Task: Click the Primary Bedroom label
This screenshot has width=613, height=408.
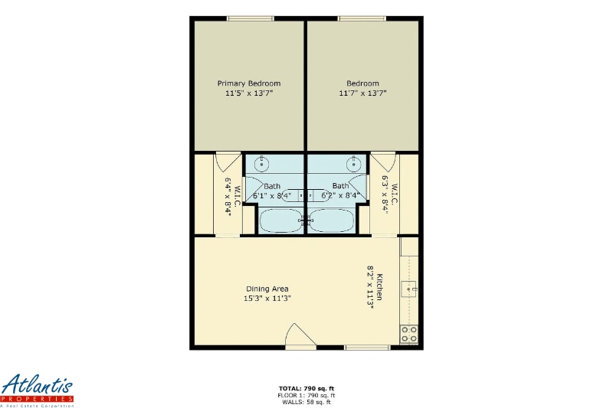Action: pos(249,83)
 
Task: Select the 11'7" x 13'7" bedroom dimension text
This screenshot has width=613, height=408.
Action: pos(362,93)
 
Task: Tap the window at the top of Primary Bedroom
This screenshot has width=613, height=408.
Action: pos(249,18)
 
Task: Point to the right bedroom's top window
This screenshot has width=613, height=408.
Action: pos(362,18)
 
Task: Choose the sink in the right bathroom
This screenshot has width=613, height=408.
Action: pos(353,163)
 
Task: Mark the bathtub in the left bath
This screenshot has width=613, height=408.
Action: pos(281,220)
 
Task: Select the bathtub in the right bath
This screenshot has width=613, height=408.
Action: pos(331,220)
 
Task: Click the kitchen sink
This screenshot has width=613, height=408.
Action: pos(411,289)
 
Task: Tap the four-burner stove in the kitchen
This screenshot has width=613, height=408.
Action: pos(409,334)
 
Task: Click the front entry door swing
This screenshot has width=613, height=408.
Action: pos(300,336)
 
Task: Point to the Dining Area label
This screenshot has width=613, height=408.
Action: pos(267,289)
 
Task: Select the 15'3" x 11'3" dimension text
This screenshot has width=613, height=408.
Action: pos(267,299)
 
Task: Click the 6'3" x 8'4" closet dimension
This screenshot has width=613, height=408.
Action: pos(385,194)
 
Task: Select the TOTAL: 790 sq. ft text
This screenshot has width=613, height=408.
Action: pos(306,389)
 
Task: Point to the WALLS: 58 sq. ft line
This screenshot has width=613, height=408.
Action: pos(306,401)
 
